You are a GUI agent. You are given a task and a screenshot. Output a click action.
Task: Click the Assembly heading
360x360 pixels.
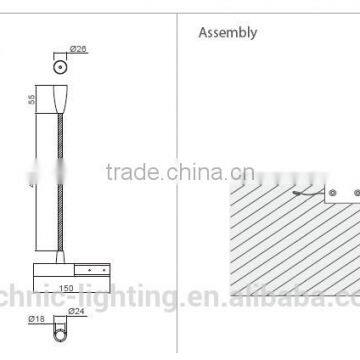point(228,32)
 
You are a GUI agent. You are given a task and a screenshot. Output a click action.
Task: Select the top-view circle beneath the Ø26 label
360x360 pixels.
point(60,66)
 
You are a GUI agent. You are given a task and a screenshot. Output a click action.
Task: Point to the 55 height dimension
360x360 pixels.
point(31,100)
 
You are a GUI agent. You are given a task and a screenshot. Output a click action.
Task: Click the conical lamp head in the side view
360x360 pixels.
point(61,100)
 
